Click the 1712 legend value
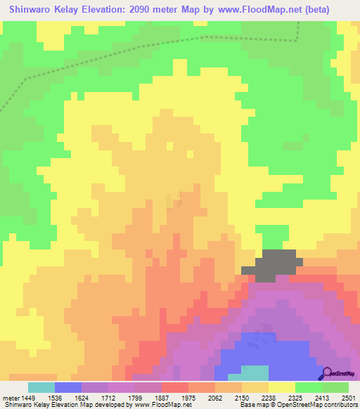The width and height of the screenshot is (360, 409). pos(125,397)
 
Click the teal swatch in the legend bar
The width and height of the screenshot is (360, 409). pos(41,387)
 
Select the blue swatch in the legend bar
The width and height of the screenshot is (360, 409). pos(68,387)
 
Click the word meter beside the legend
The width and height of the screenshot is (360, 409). pos(11,397)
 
